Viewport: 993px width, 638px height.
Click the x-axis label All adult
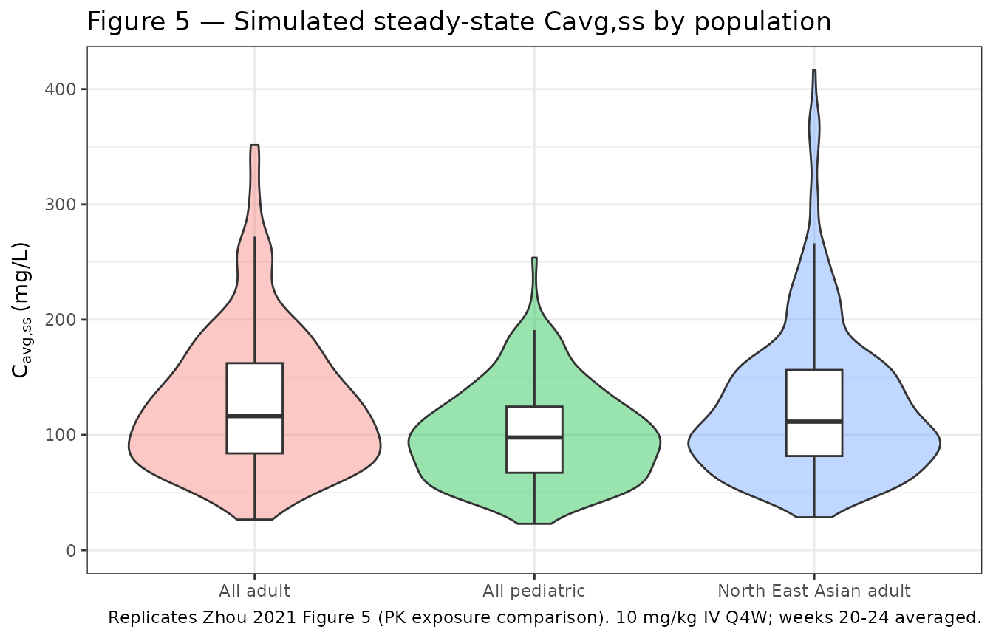click(x=254, y=591)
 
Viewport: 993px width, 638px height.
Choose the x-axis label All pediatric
click(x=533, y=591)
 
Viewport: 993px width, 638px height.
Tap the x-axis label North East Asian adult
click(x=813, y=591)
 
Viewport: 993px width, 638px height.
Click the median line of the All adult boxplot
click(x=254, y=416)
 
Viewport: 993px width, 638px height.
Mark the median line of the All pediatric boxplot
click(x=534, y=437)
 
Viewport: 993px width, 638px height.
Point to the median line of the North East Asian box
click(x=814, y=422)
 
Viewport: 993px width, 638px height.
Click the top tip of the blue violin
click(x=814, y=71)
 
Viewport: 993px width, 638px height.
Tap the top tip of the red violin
click(x=254, y=146)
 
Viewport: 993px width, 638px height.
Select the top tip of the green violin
click(x=534, y=258)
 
